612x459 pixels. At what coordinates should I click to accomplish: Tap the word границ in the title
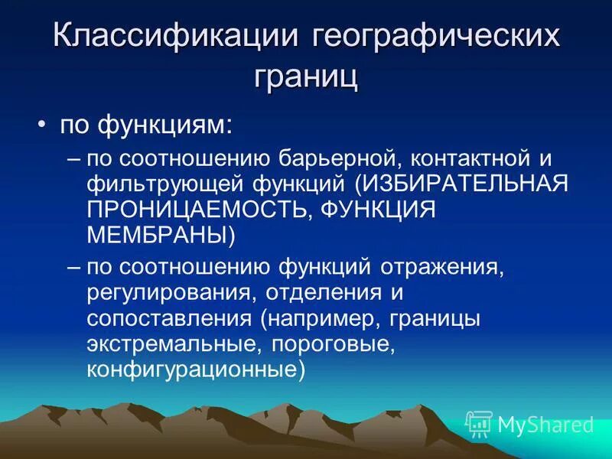pyautogui.click(x=305, y=76)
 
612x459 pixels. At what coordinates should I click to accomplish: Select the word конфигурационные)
pyautogui.click(x=196, y=369)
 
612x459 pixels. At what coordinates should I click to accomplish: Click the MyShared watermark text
pyautogui.click(x=544, y=424)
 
